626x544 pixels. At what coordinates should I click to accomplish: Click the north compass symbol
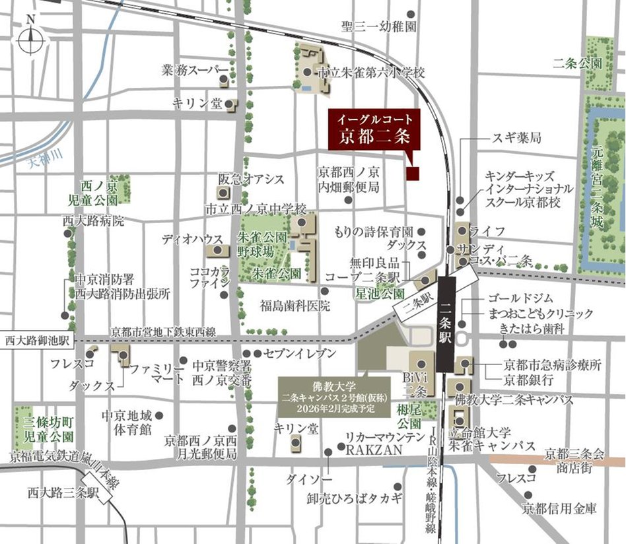(x=30, y=40)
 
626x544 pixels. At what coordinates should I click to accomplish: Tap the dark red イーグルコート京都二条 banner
(x=374, y=130)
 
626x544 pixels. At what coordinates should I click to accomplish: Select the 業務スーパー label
(x=195, y=70)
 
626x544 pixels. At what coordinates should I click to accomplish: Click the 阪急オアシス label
(x=251, y=180)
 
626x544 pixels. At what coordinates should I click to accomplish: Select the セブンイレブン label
(x=299, y=354)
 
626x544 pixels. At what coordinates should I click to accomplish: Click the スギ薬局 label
(x=516, y=139)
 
